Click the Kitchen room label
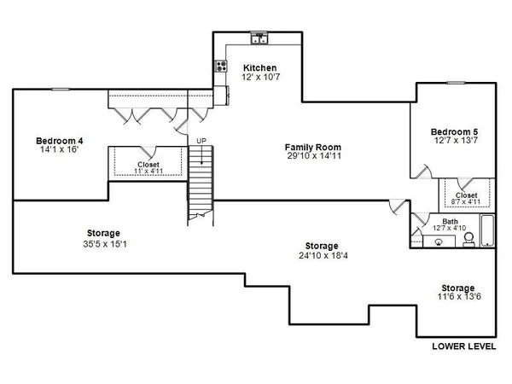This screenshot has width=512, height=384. (x=260, y=67)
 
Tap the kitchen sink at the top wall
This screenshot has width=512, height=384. (x=260, y=38)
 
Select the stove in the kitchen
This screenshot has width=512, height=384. (x=222, y=66)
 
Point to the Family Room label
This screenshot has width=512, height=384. (x=309, y=148)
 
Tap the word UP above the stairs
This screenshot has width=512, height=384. (x=201, y=140)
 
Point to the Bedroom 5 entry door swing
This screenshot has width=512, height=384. (x=420, y=172)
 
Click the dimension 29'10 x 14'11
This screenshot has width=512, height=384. (x=309, y=157)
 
